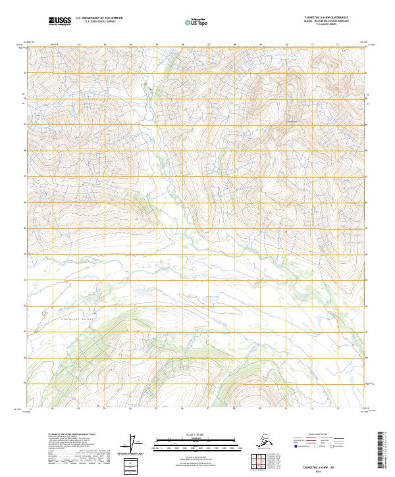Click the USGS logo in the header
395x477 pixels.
tap(60, 22)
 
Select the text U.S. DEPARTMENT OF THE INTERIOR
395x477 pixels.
tap(98, 18)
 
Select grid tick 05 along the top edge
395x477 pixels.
tap(157, 45)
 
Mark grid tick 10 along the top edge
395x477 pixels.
tap(286, 45)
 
